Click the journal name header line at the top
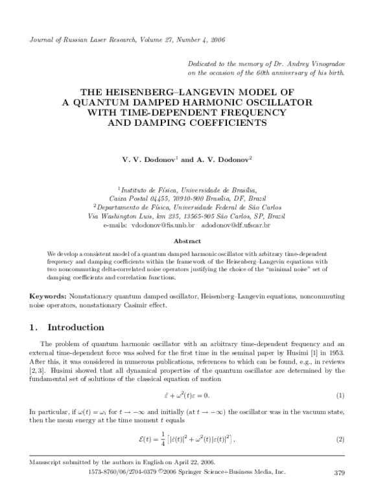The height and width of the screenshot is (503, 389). click(118, 40)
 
